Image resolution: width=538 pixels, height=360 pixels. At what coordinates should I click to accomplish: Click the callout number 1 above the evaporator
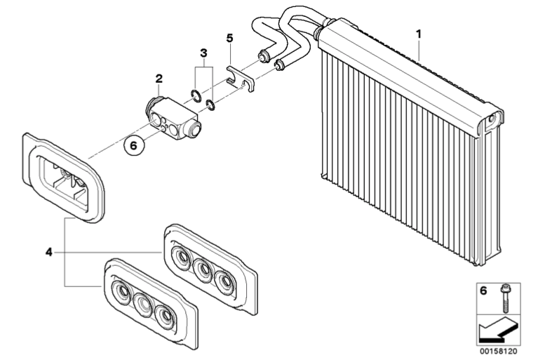pos(418,34)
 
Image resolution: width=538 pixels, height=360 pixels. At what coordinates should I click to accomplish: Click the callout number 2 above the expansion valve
pos(159,79)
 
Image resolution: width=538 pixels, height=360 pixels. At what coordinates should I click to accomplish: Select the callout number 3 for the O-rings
pos(204,53)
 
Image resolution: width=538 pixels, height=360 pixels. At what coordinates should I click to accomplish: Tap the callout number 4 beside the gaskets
pos(48,252)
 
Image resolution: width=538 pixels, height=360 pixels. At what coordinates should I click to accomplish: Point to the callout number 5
pos(229,38)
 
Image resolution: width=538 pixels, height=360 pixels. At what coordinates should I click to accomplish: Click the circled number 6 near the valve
pos(134,145)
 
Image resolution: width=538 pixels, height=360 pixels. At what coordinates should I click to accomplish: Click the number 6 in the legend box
pos(483,291)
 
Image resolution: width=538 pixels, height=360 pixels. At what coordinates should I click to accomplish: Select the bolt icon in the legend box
pos(505,298)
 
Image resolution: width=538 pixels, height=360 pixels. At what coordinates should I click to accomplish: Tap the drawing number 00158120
pos(499,352)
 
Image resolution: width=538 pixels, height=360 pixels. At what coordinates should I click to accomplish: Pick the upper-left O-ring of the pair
pos(196,95)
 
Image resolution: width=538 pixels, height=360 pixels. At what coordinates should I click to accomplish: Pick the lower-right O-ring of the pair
pos(210,105)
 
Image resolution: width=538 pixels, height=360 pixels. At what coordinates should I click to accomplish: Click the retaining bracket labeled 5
pos(241,79)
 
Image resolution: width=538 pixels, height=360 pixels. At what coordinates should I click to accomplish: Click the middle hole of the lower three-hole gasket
pos(144,305)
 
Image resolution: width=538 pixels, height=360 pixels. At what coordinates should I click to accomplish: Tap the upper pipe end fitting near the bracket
pos(264,56)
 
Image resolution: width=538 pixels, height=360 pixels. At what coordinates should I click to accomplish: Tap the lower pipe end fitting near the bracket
pos(280,64)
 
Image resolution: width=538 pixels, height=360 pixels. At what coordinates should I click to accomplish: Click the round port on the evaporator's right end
pos(492,117)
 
